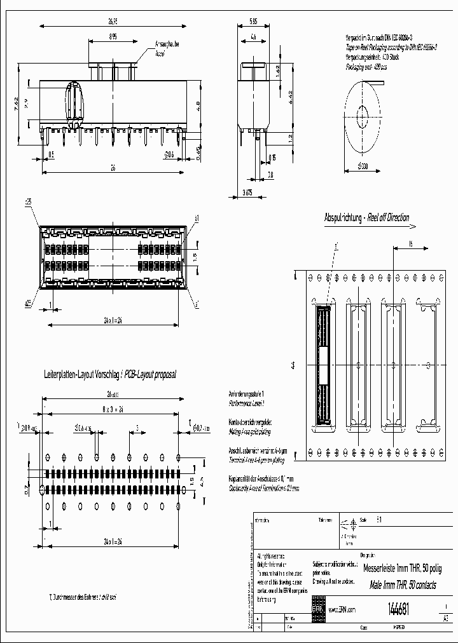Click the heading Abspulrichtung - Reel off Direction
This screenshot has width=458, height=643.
[x=367, y=217]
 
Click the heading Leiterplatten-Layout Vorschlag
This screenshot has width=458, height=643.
[x=109, y=375]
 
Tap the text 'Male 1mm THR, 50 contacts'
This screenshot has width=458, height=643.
[x=403, y=583]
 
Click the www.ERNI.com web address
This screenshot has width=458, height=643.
[x=342, y=610]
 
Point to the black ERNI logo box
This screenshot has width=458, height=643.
[x=317, y=609]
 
